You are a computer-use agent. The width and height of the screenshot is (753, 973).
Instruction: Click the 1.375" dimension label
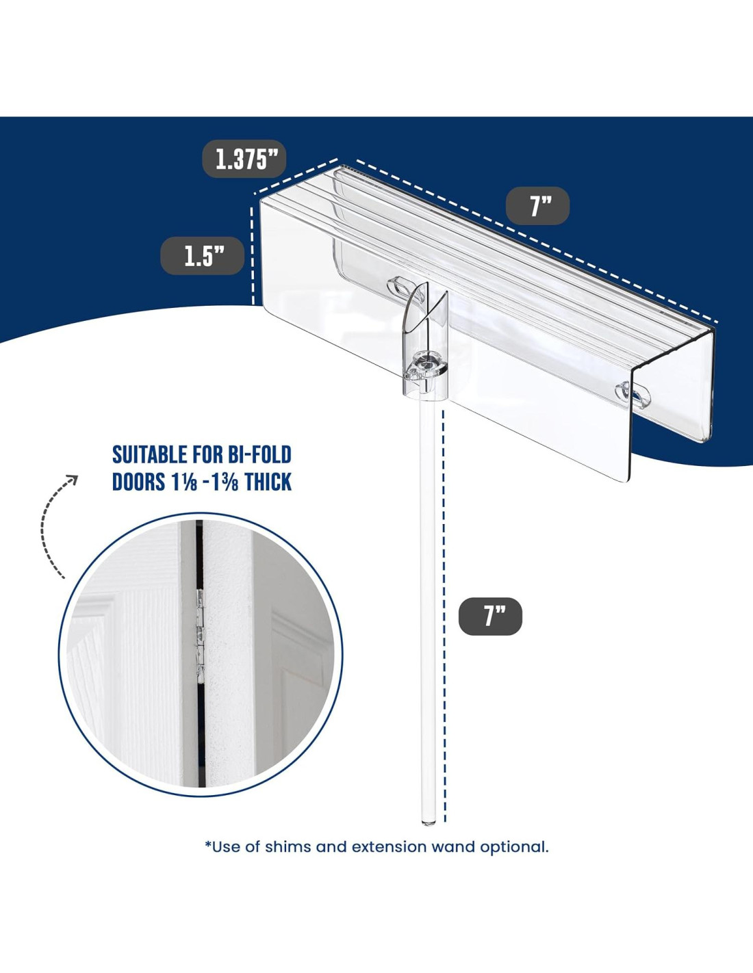pyautogui.click(x=244, y=159)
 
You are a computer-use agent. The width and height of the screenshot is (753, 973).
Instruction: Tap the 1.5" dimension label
pyautogui.click(x=203, y=256)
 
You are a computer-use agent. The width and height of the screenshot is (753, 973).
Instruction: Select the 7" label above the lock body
pyautogui.click(x=537, y=205)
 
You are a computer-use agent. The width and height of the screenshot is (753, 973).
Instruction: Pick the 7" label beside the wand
pyautogui.click(x=491, y=616)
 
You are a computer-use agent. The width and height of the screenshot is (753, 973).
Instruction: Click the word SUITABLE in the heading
pyautogui.click(x=150, y=454)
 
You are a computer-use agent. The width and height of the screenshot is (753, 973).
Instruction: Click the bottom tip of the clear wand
pyautogui.click(x=429, y=822)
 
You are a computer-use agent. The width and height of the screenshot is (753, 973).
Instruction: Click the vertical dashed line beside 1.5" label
pyautogui.click(x=253, y=255)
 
